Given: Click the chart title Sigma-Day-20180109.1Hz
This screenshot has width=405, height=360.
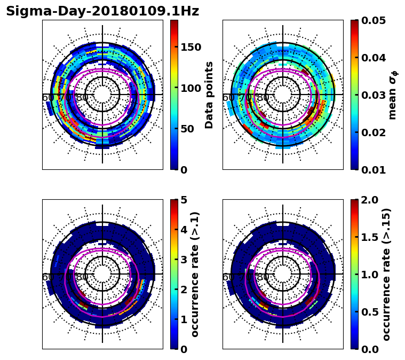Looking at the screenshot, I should point(102,11).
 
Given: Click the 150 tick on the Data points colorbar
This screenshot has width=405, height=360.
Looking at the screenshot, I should point(190,47).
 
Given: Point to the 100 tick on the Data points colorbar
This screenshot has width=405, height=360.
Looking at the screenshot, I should point(190,88).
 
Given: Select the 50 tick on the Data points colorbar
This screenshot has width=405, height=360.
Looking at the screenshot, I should point(187,129).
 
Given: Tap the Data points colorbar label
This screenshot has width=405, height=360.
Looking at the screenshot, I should point(209,95).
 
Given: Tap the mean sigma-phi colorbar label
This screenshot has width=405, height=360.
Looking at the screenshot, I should point(393,95).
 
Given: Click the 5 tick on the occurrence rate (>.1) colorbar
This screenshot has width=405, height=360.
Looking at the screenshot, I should point(183,200).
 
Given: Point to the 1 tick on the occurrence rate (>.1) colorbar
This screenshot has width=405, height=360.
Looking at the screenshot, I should point(183,319).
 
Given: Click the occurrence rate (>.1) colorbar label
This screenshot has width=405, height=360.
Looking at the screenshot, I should point(195,274).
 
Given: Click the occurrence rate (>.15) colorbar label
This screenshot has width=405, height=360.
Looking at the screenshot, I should point(386,274).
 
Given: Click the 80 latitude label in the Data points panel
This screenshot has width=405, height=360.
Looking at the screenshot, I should point(82,98).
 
